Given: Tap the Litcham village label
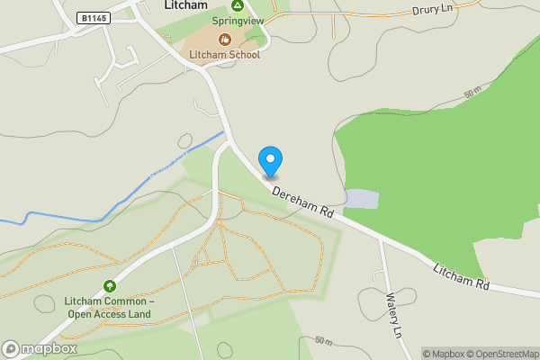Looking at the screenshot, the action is (x=186, y=5).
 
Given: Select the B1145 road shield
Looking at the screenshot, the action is (x=93, y=18).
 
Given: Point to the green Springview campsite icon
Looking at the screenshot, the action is (x=224, y=5).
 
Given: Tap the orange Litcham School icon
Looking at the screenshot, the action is (x=224, y=39).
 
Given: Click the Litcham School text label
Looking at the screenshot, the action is (x=224, y=55).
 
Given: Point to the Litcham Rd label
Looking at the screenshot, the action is (x=460, y=276).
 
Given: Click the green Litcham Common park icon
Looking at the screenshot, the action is (x=110, y=285).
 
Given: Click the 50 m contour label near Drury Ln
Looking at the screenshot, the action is (x=473, y=94).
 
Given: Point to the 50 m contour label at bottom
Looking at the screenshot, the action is (x=324, y=342).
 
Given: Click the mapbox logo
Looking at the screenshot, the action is (x=39, y=348).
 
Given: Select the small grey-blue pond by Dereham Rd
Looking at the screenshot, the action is (x=362, y=198).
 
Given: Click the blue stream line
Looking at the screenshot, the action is (x=135, y=189).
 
